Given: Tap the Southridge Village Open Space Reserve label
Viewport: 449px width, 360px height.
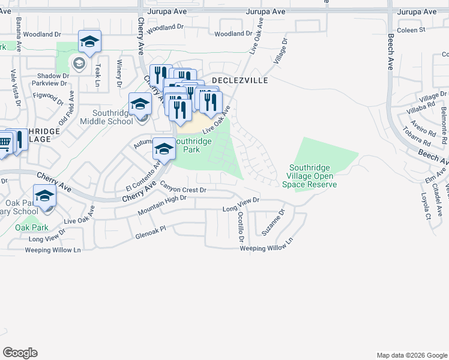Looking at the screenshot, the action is pyautogui.click(x=313, y=176).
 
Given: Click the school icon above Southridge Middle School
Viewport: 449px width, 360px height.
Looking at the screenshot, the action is pyautogui.click(x=140, y=103).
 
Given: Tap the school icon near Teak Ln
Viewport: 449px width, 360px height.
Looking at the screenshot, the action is pyautogui.click(x=89, y=41).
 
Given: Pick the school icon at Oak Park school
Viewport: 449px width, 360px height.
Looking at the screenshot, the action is pyautogui.click(x=44, y=196).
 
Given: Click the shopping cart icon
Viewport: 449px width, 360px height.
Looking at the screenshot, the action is pyautogui.click(x=4, y=142).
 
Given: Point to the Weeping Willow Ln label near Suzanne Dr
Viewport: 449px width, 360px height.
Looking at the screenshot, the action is pyautogui.click(x=266, y=244).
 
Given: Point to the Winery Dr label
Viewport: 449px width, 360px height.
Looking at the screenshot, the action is pyautogui.click(x=119, y=71).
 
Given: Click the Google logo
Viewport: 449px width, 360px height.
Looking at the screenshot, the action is pyautogui.click(x=20, y=352).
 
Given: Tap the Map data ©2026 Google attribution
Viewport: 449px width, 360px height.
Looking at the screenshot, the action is pyautogui.click(x=411, y=355).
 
